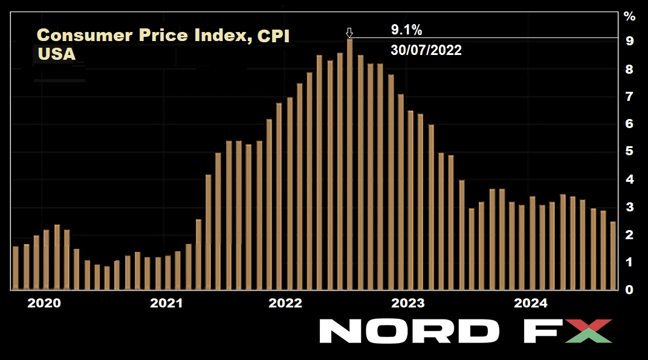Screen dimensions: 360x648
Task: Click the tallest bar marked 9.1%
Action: [349, 163]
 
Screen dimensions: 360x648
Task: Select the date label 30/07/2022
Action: [426, 51]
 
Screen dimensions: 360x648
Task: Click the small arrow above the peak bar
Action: [349, 33]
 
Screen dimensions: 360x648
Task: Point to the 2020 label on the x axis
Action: [44, 303]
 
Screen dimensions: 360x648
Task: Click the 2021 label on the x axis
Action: [166, 303]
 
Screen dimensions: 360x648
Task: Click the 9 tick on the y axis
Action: [629, 41]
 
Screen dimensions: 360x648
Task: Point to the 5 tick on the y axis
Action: [629, 152]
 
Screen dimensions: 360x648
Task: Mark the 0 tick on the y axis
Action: [629, 290]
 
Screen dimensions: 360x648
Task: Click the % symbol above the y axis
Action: [629, 15]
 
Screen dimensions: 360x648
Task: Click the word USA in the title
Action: [56, 54]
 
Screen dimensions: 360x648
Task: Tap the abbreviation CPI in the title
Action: [273, 36]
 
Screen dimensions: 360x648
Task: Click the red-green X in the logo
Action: [588, 331]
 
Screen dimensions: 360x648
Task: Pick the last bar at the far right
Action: [613, 256]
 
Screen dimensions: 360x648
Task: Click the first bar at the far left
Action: [16, 268]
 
